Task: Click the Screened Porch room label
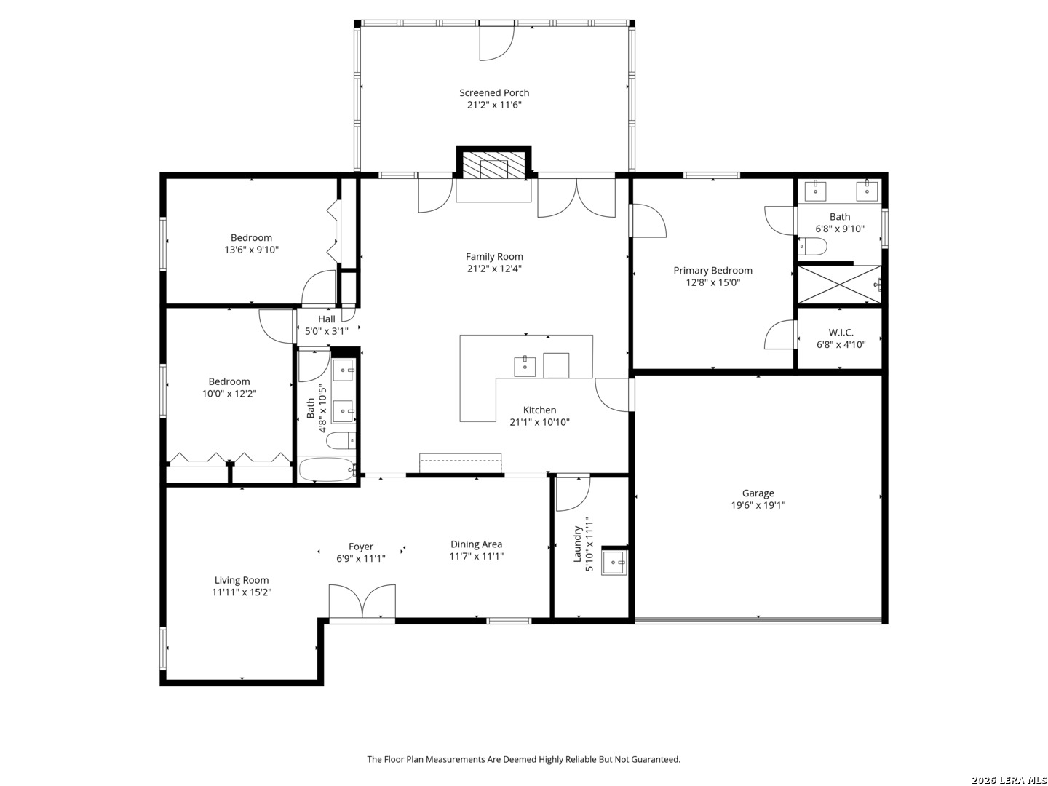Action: click(x=494, y=92)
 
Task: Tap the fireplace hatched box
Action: click(x=494, y=165)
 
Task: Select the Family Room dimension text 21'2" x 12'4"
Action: click(x=494, y=269)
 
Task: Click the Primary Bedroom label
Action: click(x=712, y=270)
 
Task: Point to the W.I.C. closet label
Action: click(x=841, y=333)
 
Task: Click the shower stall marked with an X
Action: click(x=839, y=284)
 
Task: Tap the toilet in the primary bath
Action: click(x=814, y=247)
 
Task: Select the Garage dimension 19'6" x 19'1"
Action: click(x=758, y=505)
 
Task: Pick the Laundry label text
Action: click(x=579, y=544)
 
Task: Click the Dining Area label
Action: click(x=476, y=544)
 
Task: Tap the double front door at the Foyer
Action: click(x=362, y=602)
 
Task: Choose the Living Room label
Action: click(x=242, y=580)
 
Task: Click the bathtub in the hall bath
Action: click(x=327, y=470)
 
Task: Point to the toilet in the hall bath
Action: click(x=340, y=440)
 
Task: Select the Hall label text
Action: click(x=327, y=319)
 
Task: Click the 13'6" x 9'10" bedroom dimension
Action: click(x=251, y=250)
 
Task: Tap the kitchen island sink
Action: click(x=525, y=365)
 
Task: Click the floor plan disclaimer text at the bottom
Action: click(x=523, y=759)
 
